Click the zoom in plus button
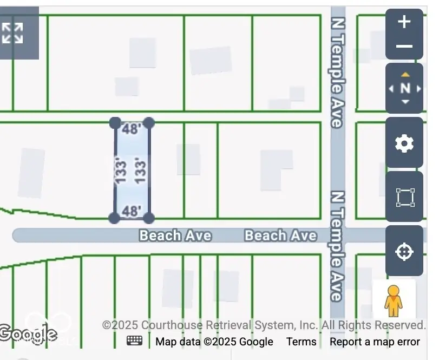[404, 22]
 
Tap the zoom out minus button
[404, 47]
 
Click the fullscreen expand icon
[13, 32]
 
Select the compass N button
[405, 88]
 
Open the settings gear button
[404, 143]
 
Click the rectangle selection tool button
[404, 198]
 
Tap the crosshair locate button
[404, 252]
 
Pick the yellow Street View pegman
[394, 300]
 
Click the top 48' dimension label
[132, 129]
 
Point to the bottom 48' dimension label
[132, 211]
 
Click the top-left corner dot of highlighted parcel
[115, 123]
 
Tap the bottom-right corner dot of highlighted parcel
[149, 218]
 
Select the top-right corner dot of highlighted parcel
[149, 123]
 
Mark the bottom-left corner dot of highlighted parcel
[114, 218]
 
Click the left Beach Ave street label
[175, 235]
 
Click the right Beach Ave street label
[280, 235]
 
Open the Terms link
[301, 342]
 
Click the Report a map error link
[375, 342]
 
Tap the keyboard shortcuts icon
[135, 341]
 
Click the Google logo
[28, 333]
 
